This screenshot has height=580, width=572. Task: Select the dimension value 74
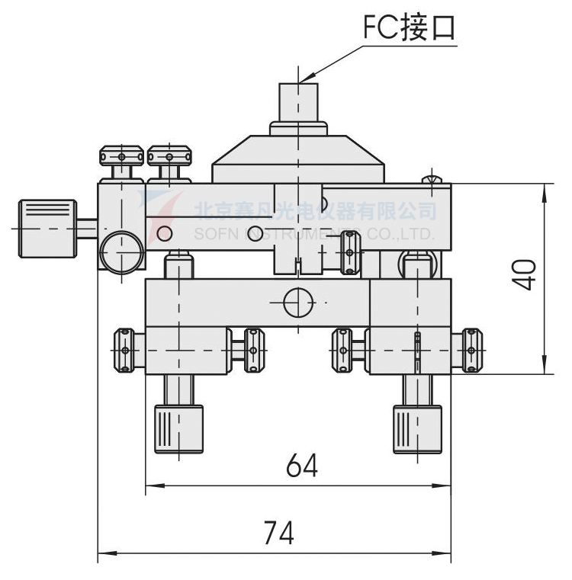point(278,531)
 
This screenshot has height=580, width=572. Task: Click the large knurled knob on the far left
point(47,228)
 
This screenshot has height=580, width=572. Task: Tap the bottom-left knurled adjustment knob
point(179,429)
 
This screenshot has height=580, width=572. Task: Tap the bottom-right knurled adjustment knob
point(417,429)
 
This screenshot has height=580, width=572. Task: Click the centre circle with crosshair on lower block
point(298,303)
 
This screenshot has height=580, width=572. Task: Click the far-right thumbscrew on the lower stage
point(471,351)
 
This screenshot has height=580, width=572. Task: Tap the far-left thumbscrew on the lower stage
point(124,351)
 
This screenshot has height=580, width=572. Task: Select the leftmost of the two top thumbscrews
point(122,156)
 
